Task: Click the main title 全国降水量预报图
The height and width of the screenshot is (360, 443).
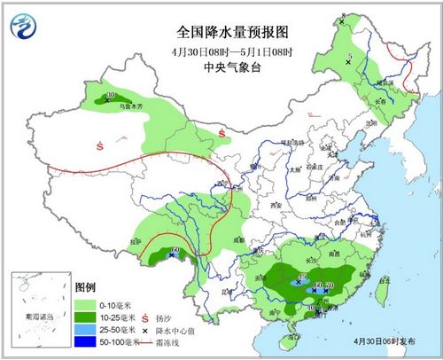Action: [221, 33]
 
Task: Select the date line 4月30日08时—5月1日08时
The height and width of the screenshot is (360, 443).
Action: [221, 51]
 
